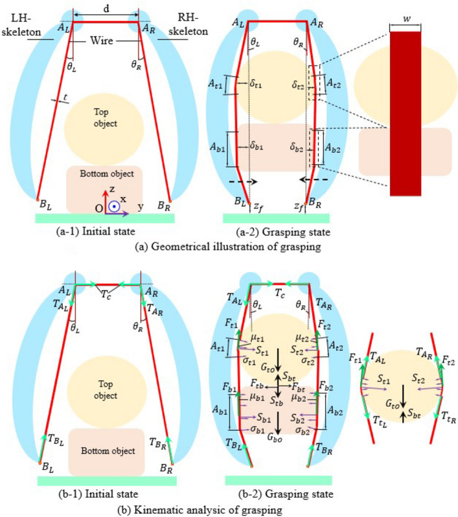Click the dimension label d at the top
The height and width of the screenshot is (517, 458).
point(106,8)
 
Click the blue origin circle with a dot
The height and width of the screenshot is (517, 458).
point(114,207)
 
